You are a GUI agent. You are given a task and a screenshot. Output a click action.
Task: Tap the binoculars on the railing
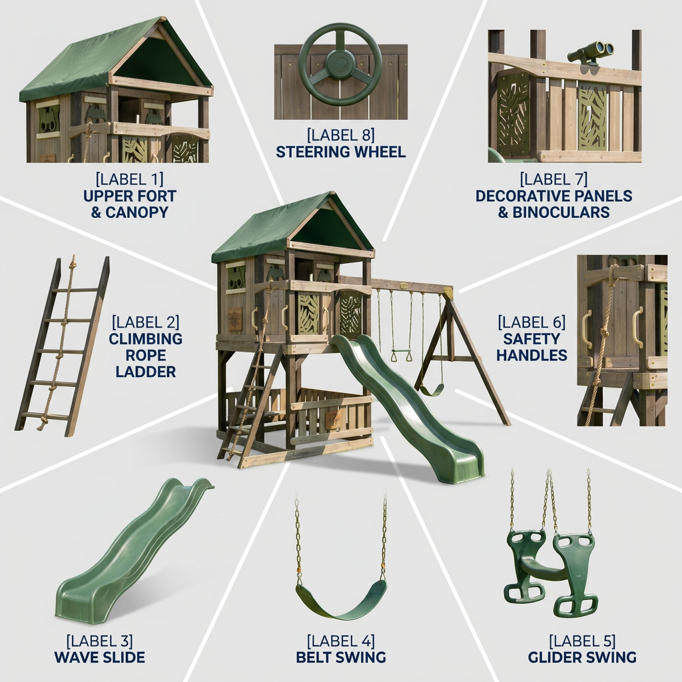click(x=591, y=52)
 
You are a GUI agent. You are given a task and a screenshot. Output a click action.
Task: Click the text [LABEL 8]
click(x=340, y=135)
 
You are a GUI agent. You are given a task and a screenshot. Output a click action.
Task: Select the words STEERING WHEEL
click(x=340, y=153)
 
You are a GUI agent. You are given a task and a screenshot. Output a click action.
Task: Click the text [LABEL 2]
click(x=145, y=322)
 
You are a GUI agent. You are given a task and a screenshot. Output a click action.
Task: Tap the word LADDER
click(x=146, y=372)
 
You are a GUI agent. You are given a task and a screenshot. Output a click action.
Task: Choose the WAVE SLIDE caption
click(x=100, y=657)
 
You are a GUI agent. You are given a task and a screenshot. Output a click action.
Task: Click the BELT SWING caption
click(x=340, y=657)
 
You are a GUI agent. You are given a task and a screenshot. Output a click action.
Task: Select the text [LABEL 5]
click(x=582, y=641)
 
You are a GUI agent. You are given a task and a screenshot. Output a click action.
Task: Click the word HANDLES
click(x=532, y=356)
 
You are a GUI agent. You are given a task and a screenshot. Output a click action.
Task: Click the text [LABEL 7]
click(x=553, y=179)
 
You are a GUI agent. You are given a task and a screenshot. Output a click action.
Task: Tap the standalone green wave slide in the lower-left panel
click(x=135, y=552)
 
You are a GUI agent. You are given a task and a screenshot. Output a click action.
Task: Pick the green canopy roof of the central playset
click(x=278, y=230)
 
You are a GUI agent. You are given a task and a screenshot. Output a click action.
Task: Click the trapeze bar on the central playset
click(x=400, y=351)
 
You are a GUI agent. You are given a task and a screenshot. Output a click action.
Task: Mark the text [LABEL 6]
click(x=531, y=322)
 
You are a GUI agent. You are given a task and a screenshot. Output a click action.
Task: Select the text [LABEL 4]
click(x=340, y=641)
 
